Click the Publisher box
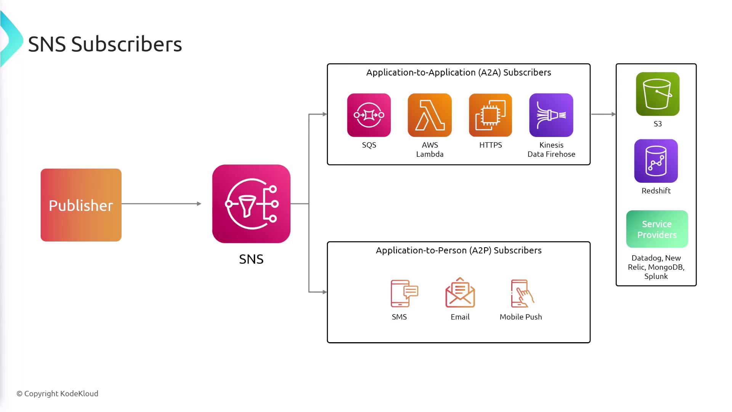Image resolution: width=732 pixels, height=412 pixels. point(81,205)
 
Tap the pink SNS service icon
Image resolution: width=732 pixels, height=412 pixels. point(251,204)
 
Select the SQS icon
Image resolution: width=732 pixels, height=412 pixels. point(369,115)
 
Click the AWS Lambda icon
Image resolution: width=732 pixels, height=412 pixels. point(430,115)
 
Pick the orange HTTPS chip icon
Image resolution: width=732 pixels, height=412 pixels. point(490,115)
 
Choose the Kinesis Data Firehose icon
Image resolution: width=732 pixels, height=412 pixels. point(551,115)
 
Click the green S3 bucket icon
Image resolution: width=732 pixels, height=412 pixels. point(657,94)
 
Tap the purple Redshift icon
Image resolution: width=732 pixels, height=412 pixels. point(656,161)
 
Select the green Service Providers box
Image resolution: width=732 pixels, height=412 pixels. point(657,229)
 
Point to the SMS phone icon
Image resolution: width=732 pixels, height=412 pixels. point(404,293)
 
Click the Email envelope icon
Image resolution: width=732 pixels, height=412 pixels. point(460,293)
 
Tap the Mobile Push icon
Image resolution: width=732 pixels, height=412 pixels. point(522,293)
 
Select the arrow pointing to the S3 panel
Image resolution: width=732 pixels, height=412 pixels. point(603,114)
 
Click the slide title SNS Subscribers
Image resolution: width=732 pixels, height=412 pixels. point(105,44)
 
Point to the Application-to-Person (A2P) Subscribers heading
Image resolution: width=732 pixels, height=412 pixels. point(459,250)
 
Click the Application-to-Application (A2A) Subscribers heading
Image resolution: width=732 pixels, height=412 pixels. point(459,72)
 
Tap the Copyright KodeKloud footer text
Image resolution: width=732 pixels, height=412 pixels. point(57,393)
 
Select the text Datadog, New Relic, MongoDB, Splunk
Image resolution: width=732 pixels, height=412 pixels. point(656,267)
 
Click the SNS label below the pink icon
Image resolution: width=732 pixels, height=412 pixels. point(251,259)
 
